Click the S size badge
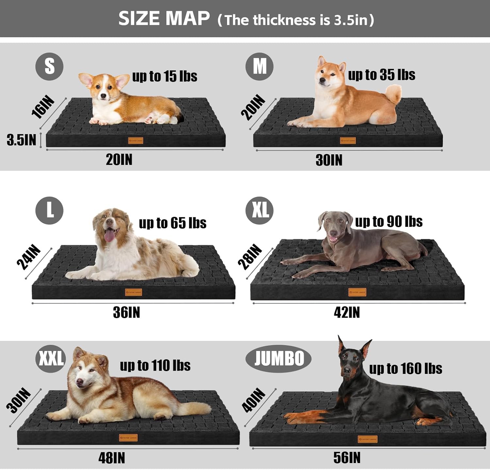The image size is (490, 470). click(x=49, y=66)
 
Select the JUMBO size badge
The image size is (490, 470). click(x=278, y=359)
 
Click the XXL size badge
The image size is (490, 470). click(x=51, y=359)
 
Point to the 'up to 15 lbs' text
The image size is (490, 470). click(x=165, y=76)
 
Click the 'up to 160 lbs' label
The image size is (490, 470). click(x=405, y=369)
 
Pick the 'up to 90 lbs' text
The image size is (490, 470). click(x=389, y=222)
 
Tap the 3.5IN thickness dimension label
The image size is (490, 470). click(x=21, y=140)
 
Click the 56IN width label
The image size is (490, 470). click(x=347, y=458)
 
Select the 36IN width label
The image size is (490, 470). click(x=126, y=312)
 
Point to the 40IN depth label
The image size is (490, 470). click(x=253, y=400)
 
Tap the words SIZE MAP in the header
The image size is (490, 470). click(x=164, y=18)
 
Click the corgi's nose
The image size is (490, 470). click(x=104, y=96)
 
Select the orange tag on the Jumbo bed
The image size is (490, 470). click(x=367, y=439)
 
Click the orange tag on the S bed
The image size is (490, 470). click(x=136, y=141)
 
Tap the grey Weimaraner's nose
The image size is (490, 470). click(x=334, y=233)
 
